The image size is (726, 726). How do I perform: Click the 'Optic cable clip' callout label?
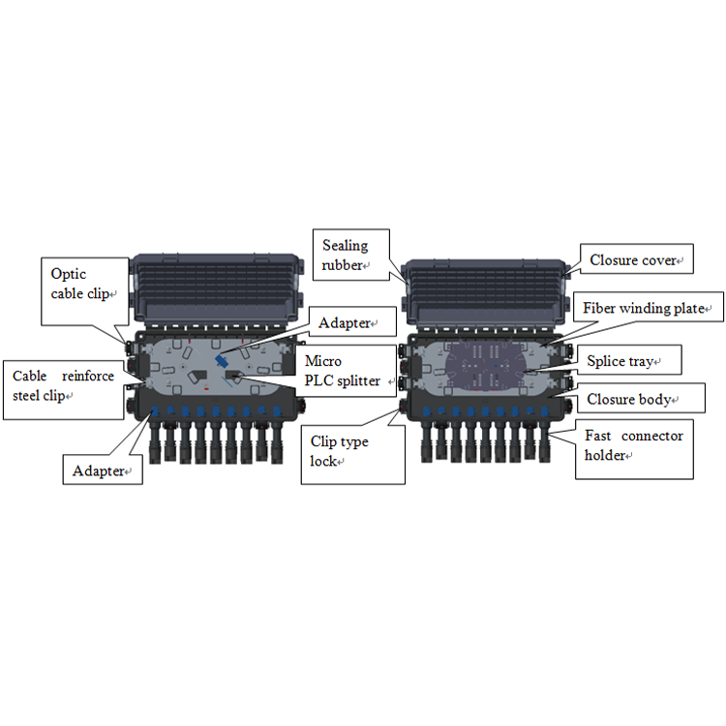point(85,291)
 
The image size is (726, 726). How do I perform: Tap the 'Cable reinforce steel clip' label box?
point(64,390)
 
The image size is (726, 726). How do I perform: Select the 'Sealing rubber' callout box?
point(351,255)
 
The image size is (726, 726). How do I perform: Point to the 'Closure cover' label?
point(637,258)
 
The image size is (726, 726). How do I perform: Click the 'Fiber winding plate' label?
point(649,307)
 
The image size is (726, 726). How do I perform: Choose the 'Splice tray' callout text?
point(629,360)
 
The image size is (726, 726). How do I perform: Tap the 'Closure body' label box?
point(641,398)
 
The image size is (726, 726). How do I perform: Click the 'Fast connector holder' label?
point(634,449)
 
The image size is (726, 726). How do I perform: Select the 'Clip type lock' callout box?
point(352,455)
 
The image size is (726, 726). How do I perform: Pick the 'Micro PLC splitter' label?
point(346,371)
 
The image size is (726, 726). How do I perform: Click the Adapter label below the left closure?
point(103,469)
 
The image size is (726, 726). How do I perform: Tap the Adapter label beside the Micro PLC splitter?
point(352,321)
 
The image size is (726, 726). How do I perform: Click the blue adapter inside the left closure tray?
point(221,360)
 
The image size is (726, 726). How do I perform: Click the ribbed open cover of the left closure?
point(216,289)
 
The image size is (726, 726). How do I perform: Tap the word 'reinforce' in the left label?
point(88,376)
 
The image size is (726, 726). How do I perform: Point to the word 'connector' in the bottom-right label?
point(651,436)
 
